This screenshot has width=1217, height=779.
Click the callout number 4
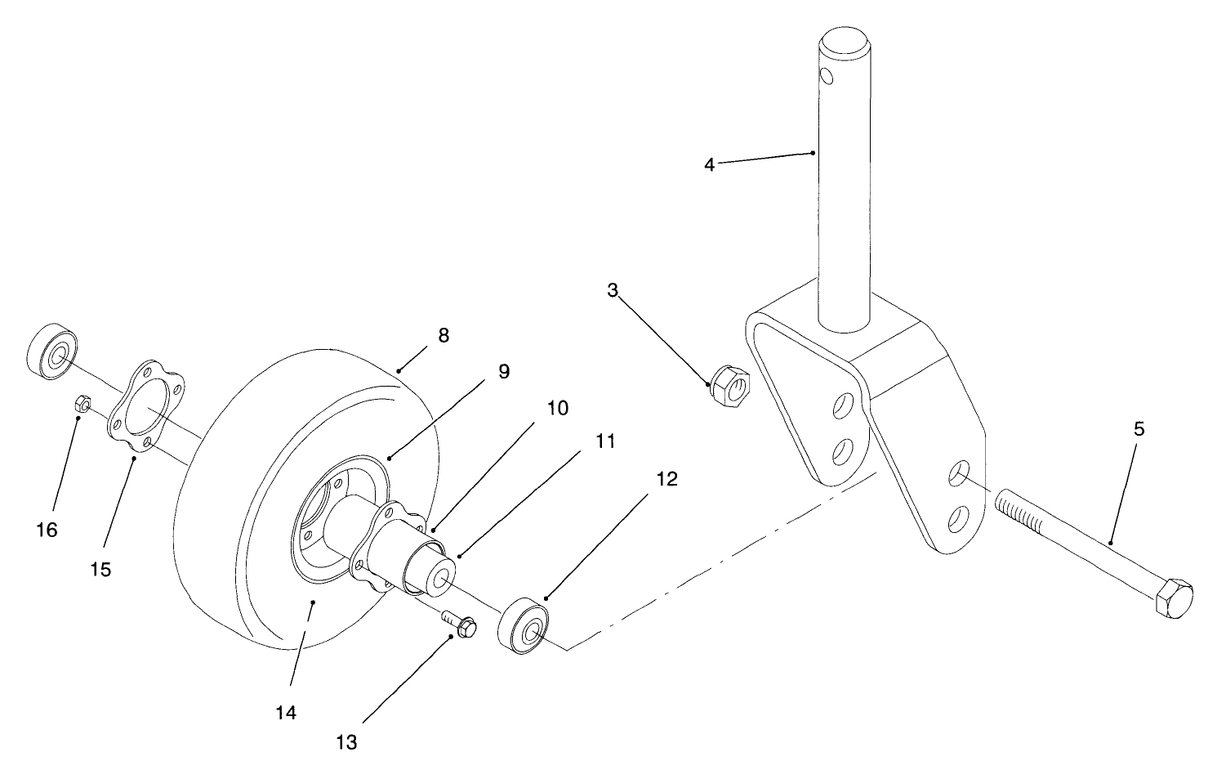709,165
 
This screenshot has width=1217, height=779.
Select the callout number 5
1139,428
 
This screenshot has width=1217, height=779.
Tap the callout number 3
613,289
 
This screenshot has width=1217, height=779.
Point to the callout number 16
47,531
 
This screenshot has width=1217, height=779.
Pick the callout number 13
346,742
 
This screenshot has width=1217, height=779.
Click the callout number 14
285,712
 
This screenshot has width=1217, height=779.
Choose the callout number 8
444,335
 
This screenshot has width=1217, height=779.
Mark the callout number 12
666,479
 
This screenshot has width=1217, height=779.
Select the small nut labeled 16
82,402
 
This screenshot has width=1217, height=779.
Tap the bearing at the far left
53,352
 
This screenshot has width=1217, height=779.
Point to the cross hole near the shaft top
827,76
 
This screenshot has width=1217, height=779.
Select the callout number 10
557,408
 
